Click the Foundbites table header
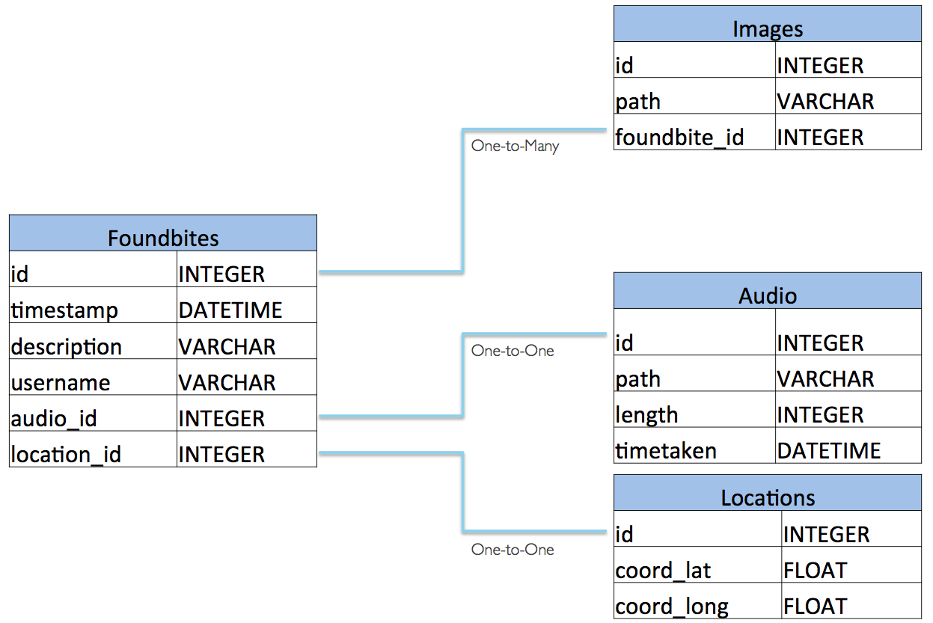click(x=163, y=238)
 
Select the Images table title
click(x=768, y=29)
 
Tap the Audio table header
click(x=768, y=295)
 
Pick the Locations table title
click(x=768, y=497)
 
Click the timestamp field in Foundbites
click(x=64, y=310)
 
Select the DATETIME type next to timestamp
click(x=230, y=310)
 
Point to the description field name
click(x=66, y=347)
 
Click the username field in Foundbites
click(x=61, y=383)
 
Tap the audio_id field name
click(x=54, y=419)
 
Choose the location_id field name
click(x=66, y=455)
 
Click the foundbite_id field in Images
click(x=679, y=138)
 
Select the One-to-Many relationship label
click(x=515, y=146)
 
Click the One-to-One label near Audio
click(x=513, y=350)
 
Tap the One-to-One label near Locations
click(x=513, y=550)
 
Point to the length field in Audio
click(x=646, y=415)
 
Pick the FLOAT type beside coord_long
click(x=815, y=607)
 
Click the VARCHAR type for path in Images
click(x=825, y=102)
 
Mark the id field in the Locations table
click(x=624, y=535)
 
